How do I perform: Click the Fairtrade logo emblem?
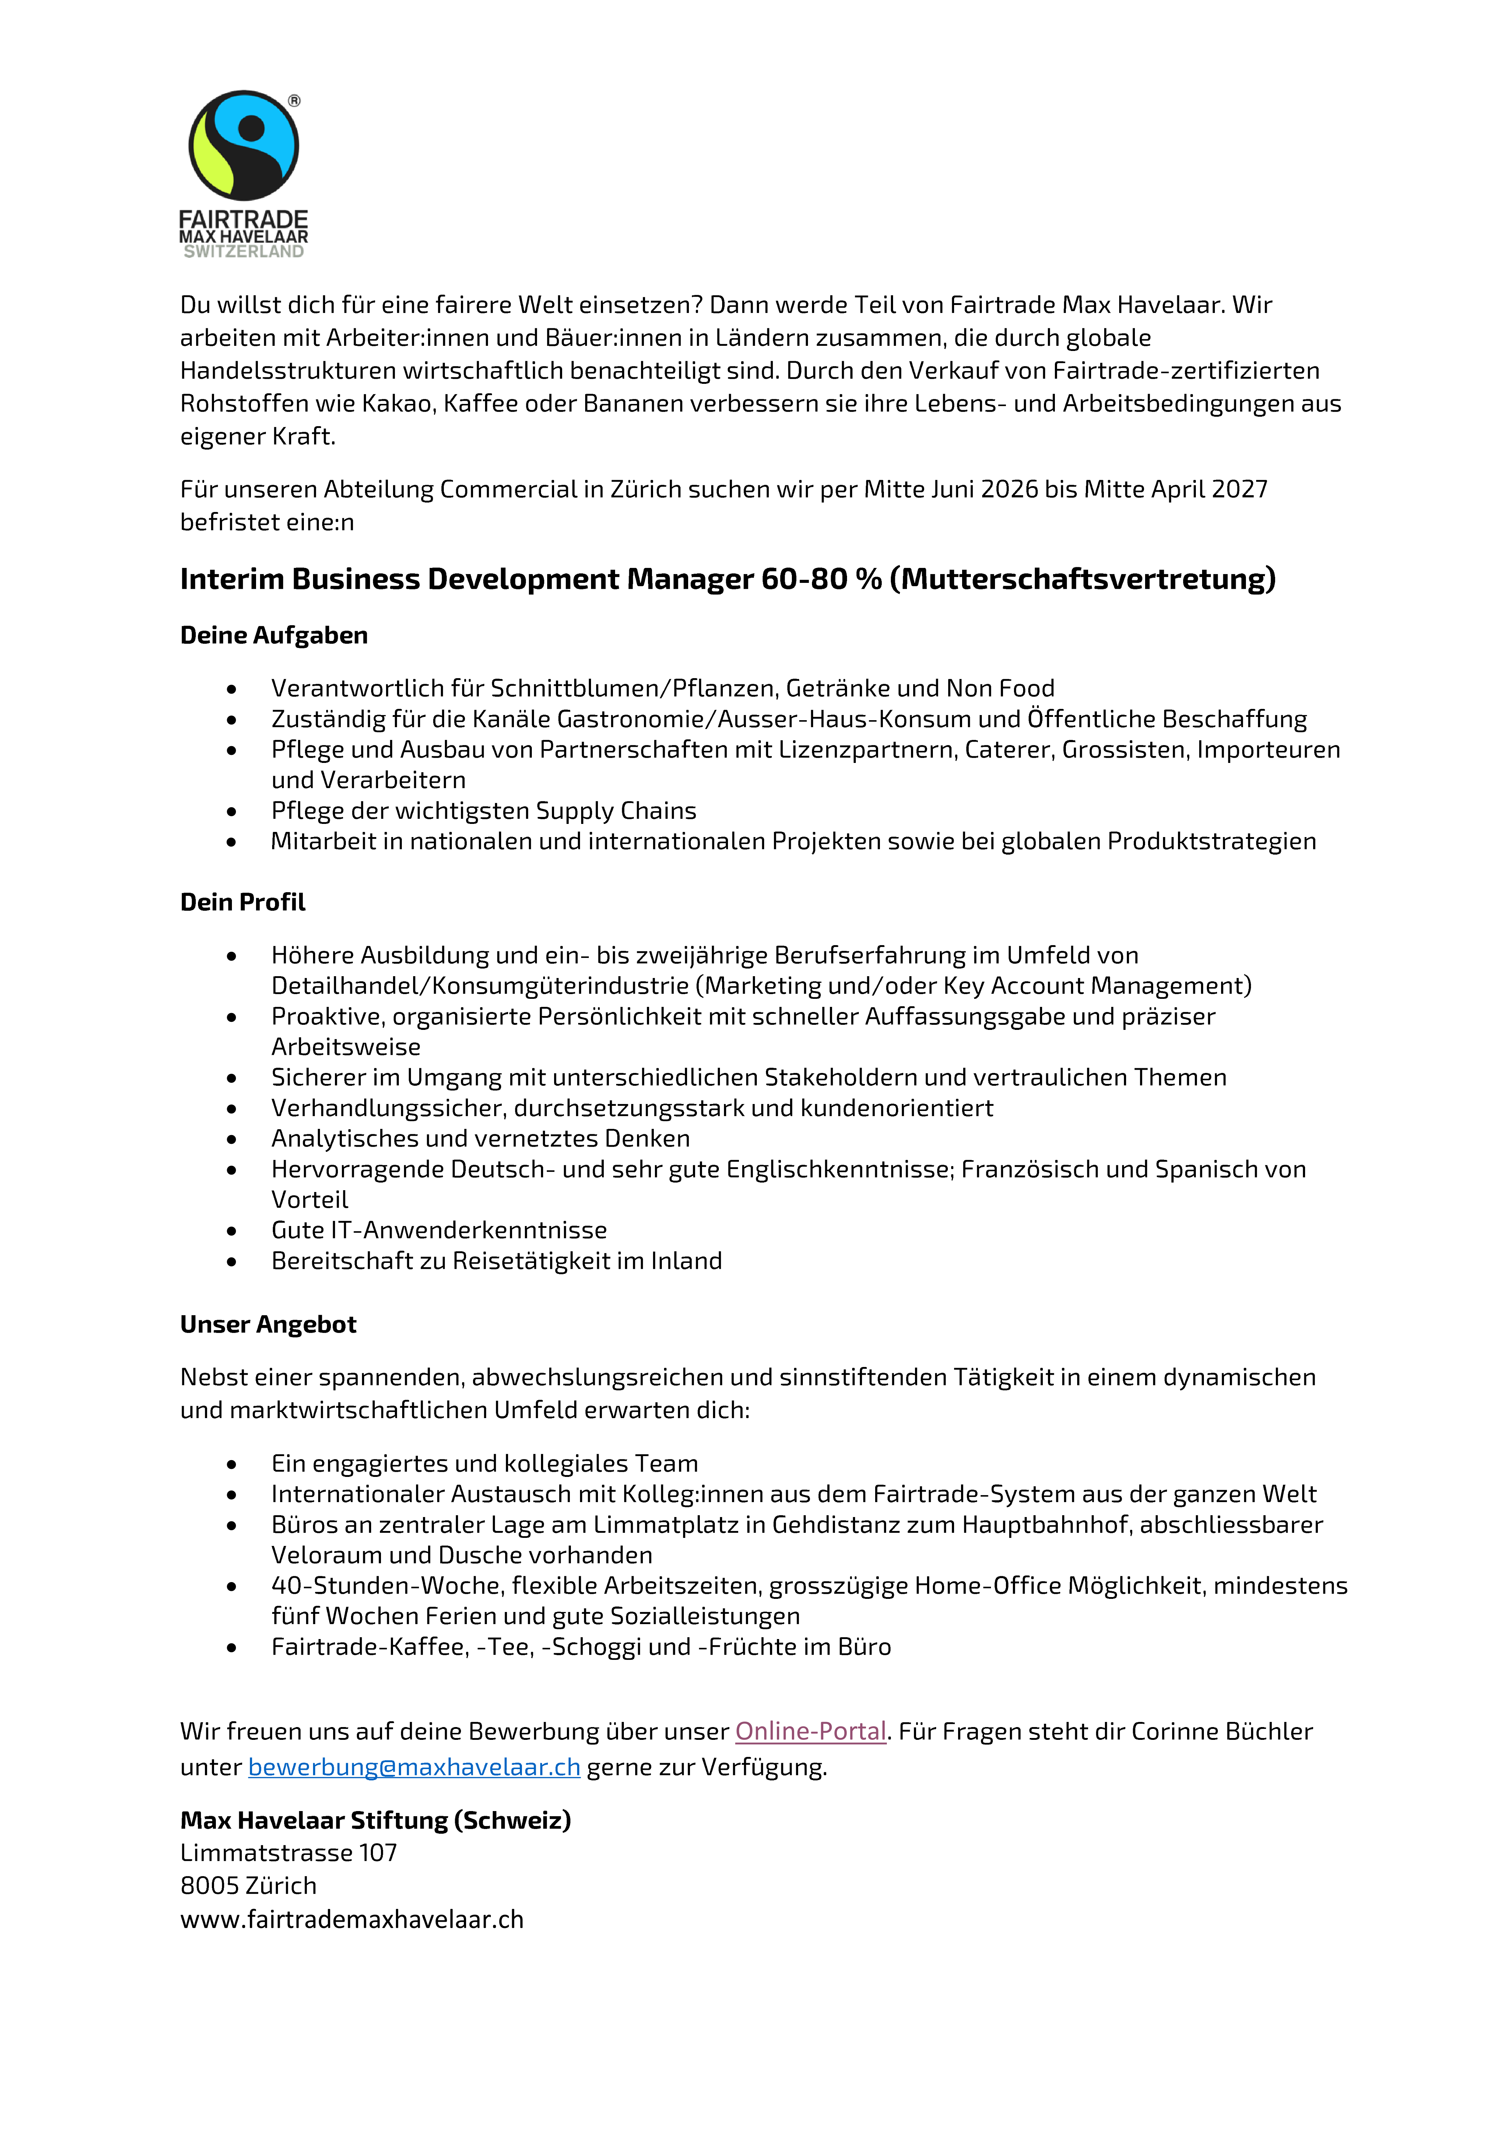click(x=244, y=145)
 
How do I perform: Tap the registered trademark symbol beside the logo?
click(x=294, y=100)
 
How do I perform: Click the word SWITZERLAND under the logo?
click(x=244, y=252)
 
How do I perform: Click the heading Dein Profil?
click(x=243, y=902)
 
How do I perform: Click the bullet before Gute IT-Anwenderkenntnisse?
click(x=232, y=1231)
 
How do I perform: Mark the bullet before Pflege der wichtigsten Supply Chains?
click(x=232, y=812)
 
